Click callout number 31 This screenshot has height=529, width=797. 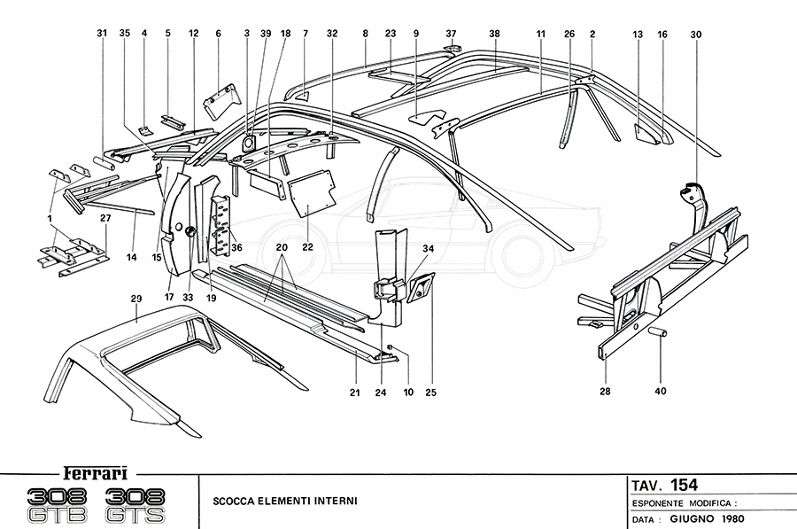point(102,34)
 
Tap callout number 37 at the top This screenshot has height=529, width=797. point(451,34)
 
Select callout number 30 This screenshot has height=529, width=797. point(695,34)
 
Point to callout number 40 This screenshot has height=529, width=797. point(661,390)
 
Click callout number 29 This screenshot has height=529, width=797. point(137,300)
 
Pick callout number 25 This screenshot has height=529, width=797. point(430,391)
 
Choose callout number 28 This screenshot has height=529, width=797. point(606,390)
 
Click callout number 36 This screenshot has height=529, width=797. point(236,247)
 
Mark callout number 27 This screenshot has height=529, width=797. point(105,217)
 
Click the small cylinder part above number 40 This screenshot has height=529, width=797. point(659,332)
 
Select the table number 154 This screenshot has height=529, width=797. point(684,485)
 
